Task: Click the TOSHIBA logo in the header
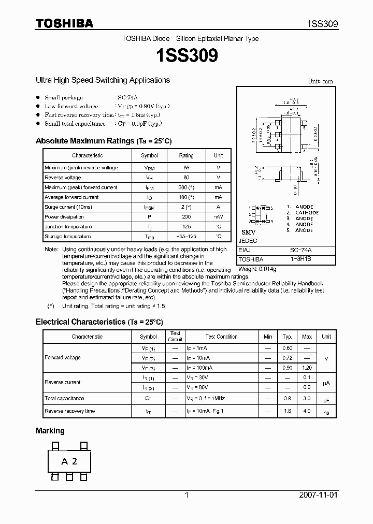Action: (x=64, y=23)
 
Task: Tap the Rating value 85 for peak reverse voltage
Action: (x=186, y=168)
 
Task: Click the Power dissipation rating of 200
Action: (x=186, y=217)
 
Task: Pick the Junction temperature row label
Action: (x=68, y=227)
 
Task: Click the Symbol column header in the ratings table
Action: (x=149, y=155)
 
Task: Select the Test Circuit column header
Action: (x=176, y=337)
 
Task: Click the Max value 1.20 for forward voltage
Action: (x=307, y=368)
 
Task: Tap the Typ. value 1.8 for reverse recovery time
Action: (x=288, y=411)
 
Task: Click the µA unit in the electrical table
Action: (x=326, y=382)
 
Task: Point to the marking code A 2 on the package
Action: (x=69, y=461)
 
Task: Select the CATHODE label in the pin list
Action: (x=307, y=213)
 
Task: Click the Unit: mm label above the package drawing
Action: (x=320, y=81)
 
